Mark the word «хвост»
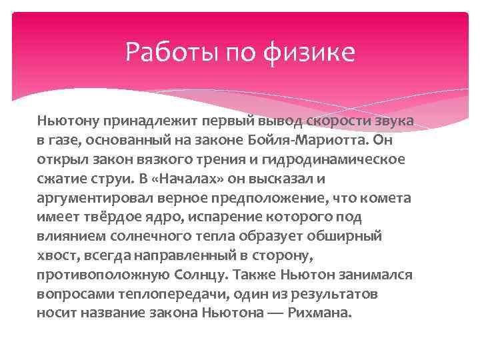pos(55,256)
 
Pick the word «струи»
pos(113,179)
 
